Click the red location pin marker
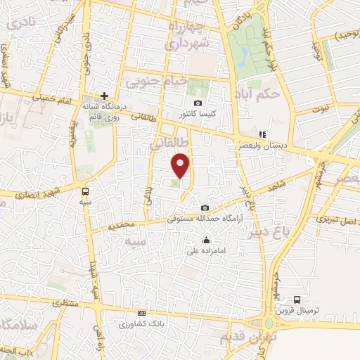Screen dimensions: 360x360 [x=181, y=166]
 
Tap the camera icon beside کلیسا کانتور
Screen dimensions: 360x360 [x=198, y=103]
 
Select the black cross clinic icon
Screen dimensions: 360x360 [x=104, y=95]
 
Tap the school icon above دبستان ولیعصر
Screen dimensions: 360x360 [x=262, y=134]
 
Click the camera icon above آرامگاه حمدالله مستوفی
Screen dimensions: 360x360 [x=205, y=207]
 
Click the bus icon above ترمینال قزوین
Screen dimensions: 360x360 [x=297, y=300]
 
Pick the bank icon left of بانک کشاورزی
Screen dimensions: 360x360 [x=142, y=313]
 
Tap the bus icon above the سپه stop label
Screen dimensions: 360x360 [x=85, y=191]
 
